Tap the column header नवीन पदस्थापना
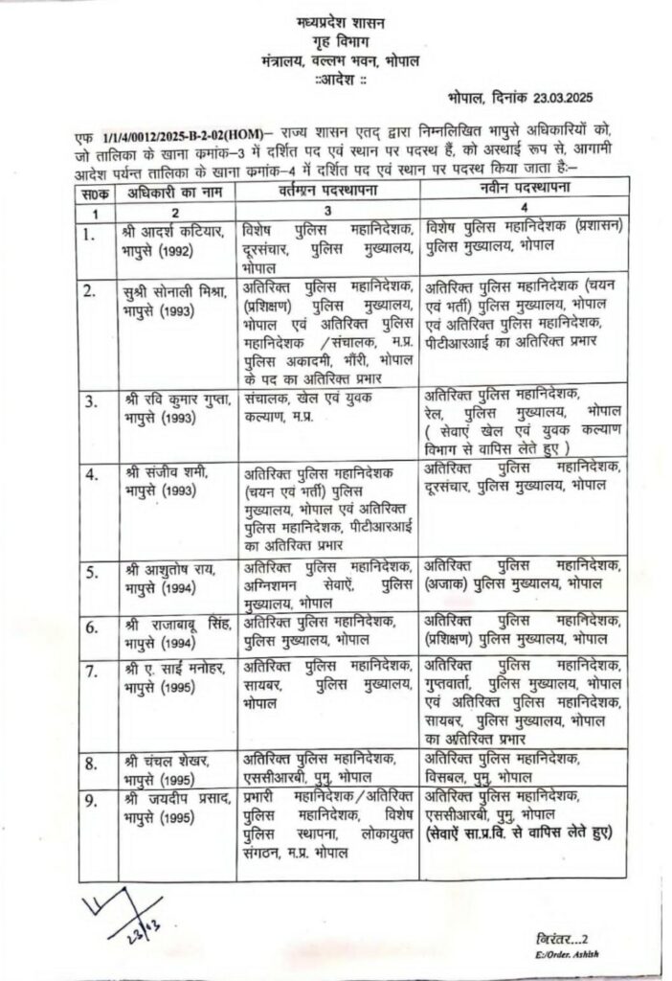click(526, 190)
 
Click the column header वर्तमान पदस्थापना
click(325, 193)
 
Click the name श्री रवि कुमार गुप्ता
click(178, 400)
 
